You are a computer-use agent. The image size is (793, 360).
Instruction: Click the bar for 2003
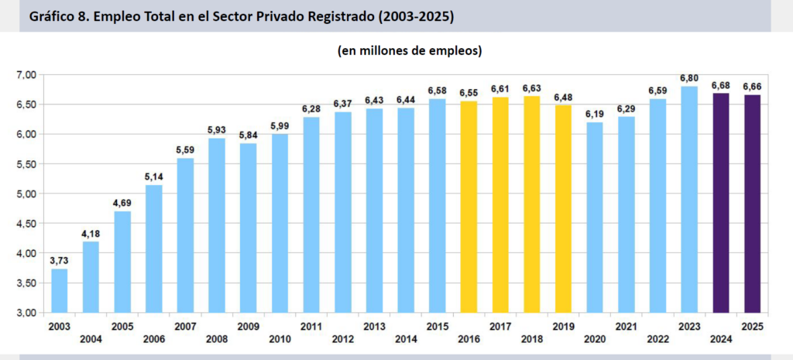click(59, 291)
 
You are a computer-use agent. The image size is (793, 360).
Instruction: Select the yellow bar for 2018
click(531, 204)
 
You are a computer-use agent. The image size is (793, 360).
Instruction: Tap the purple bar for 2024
click(721, 203)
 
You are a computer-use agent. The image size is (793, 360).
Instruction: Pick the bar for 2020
click(595, 218)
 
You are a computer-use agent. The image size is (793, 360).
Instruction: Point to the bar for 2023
click(689, 199)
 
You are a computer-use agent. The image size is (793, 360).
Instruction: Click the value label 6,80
click(689, 78)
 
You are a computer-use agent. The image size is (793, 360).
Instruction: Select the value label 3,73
click(59, 261)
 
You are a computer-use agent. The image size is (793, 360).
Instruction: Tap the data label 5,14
click(154, 177)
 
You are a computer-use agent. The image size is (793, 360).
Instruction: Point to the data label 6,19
click(595, 115)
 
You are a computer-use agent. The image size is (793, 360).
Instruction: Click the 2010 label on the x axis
click(280, 339)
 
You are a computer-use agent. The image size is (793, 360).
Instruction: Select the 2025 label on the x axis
click(752, 327)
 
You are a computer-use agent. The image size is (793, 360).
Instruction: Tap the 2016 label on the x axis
click(469, 339)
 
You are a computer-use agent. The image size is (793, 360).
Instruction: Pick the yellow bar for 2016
click(469, 207)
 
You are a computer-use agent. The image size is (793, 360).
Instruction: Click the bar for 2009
click(249, 228)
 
